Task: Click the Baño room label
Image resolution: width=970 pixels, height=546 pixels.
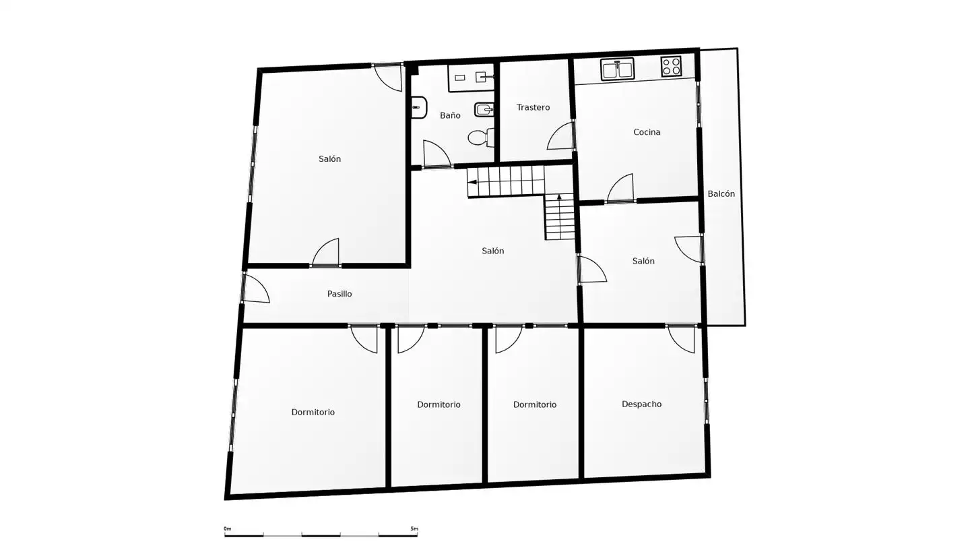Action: click(450, 115)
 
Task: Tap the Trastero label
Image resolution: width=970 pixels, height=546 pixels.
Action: click(533, 107)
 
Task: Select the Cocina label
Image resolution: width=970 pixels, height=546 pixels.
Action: click(647, 131)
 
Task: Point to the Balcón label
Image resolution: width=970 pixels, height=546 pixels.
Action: click(721, 193)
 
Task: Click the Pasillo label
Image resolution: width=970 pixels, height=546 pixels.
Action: click(339, 294)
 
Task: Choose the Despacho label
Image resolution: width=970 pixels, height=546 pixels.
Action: click(642, 404)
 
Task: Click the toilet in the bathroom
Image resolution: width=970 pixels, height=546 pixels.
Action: click(481, 138)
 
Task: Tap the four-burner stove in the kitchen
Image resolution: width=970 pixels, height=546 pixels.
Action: click(671, 66)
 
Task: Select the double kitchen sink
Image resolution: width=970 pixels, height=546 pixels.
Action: click(618, 69)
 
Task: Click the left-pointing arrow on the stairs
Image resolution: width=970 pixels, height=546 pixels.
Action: click(472, 182)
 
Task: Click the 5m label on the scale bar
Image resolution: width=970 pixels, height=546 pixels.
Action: click(414, 528)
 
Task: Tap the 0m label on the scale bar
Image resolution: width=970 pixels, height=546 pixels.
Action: click(228, 528)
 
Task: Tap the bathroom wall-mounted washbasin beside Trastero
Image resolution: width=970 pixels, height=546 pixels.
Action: click(484, 109)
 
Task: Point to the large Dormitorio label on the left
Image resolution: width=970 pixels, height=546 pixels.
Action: click(313, 412)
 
